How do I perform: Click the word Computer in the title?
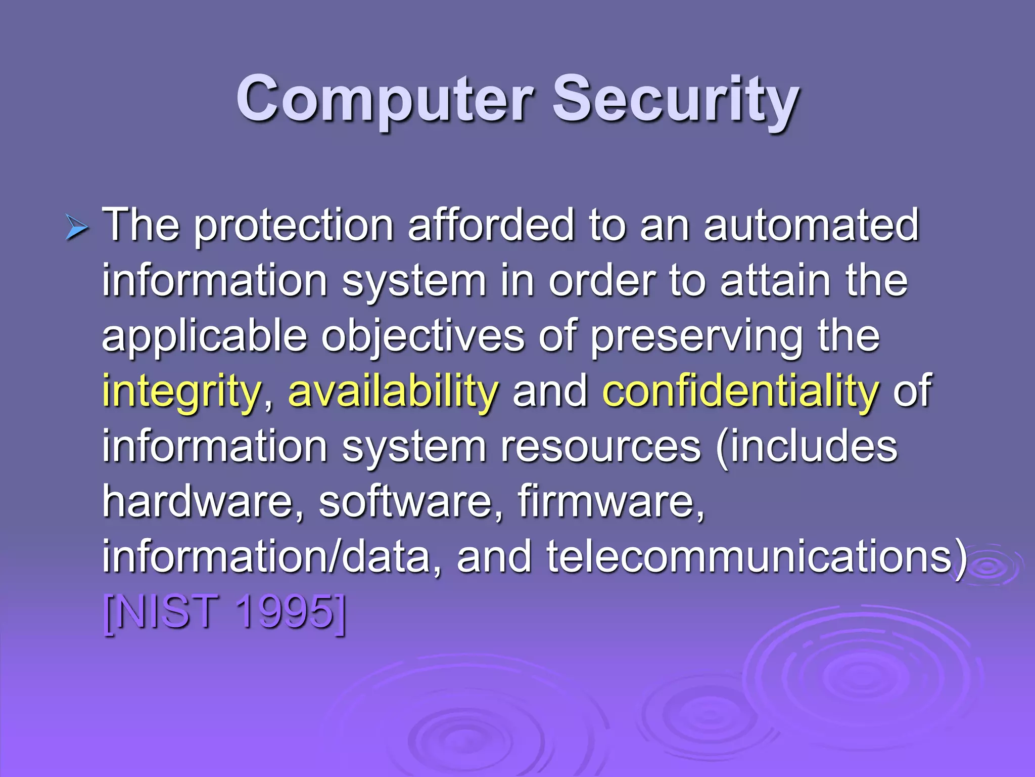[x=385, y=99]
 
